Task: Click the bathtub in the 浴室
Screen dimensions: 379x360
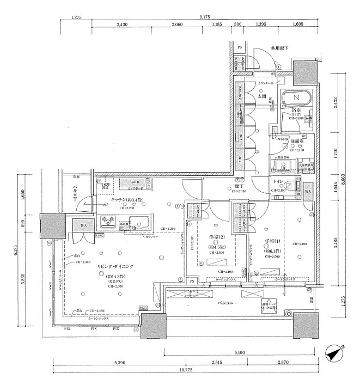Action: pos(296,99)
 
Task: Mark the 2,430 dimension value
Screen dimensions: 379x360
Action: pos(122,25)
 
